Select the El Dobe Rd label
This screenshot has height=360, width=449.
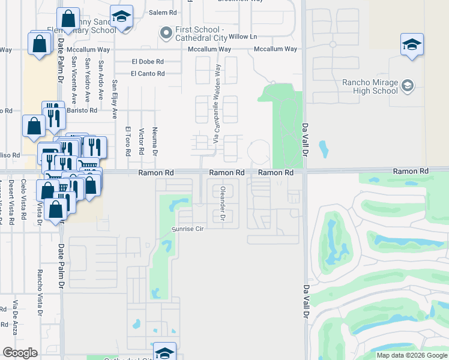148,61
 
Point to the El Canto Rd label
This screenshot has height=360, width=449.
148,74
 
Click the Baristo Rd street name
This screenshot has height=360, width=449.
82,110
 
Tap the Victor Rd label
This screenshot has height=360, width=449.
141,142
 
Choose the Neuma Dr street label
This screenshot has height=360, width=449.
155,142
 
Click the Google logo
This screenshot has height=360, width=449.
20,353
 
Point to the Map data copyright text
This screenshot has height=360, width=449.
412,355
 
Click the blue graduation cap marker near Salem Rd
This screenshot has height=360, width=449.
122,18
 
